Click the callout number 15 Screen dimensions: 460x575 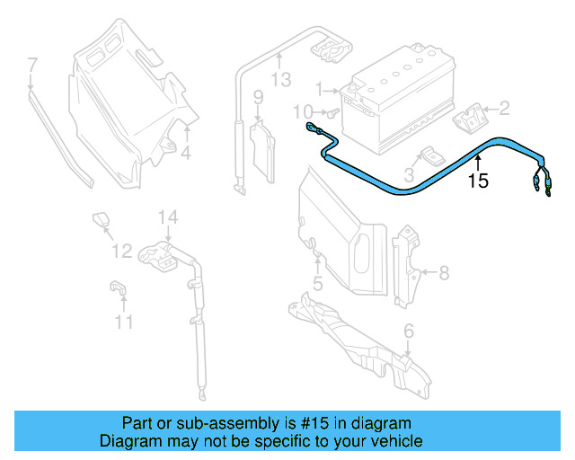(x=478, y=181)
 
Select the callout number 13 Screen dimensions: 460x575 (x=281, y=81)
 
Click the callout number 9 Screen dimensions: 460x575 (x=257, y=97)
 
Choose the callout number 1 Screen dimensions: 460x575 (x=318, y=90)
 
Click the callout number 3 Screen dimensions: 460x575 (x=409, y=172)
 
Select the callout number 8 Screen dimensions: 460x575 (x=443, y=271)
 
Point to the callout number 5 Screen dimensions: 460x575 (x=317, y=285)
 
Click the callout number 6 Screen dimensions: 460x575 (x=409, y=332)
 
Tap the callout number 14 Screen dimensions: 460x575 (x=169, y=217)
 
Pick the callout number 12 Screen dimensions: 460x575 (x=121, y=251)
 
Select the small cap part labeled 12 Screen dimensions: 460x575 (x=101, y=219)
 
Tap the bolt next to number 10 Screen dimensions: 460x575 (x=331, y=114)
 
